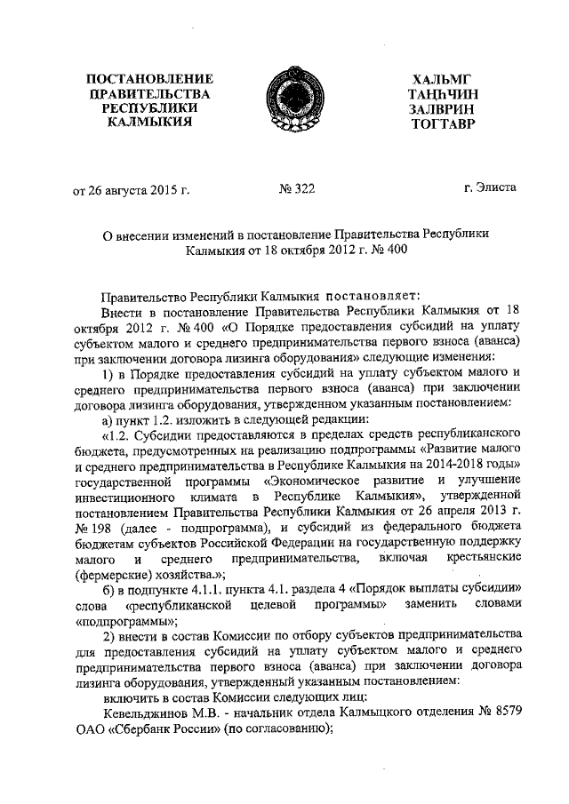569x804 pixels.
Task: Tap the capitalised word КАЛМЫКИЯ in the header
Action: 143,122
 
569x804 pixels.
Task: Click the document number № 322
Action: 297,188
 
